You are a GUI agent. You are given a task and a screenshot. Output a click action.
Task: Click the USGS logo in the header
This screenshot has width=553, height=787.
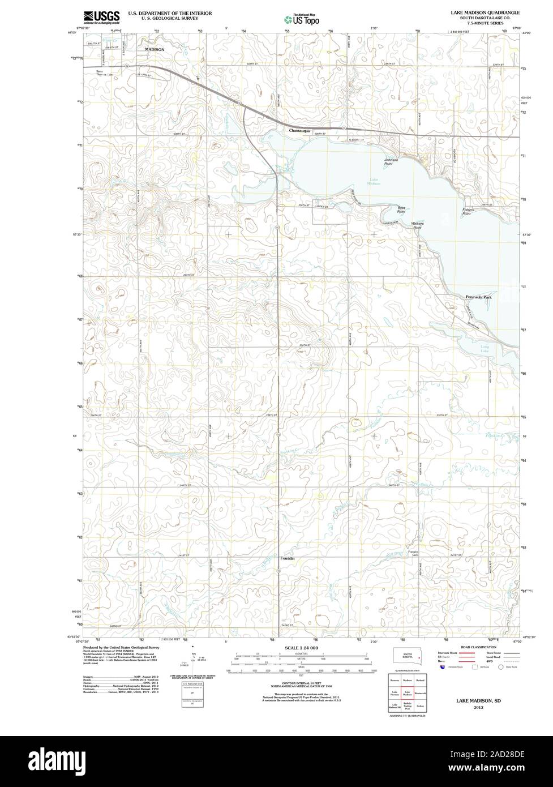click(x=101, y=17)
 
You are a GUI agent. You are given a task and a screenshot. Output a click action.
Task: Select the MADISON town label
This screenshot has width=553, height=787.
click(x=155, y=50)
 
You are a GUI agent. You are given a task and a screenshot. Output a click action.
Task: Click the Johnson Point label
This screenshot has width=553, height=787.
click(x=391, y=161)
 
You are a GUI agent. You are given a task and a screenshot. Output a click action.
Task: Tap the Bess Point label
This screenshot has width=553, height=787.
click(x=401, y=209)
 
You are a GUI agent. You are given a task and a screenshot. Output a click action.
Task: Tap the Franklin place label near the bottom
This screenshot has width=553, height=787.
click(x=288, y=559)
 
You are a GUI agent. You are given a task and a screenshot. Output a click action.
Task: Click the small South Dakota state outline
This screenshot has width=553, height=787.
click(x=405, y=656)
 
